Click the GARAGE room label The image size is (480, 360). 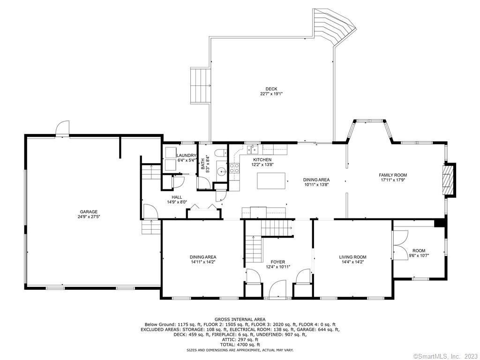89,211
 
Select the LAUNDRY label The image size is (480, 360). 186,156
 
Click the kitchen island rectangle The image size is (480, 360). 271,181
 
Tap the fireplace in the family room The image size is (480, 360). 449,180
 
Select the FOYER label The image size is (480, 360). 277,262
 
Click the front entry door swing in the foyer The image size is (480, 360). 277,289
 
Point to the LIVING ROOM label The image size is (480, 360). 352,257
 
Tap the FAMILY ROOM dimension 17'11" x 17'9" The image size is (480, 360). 393,180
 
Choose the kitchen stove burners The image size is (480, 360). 234,167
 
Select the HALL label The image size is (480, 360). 177,197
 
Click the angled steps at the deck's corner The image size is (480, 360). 335,27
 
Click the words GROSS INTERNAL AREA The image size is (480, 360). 240,319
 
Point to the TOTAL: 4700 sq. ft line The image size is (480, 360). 240,345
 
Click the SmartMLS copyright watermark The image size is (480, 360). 445,356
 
